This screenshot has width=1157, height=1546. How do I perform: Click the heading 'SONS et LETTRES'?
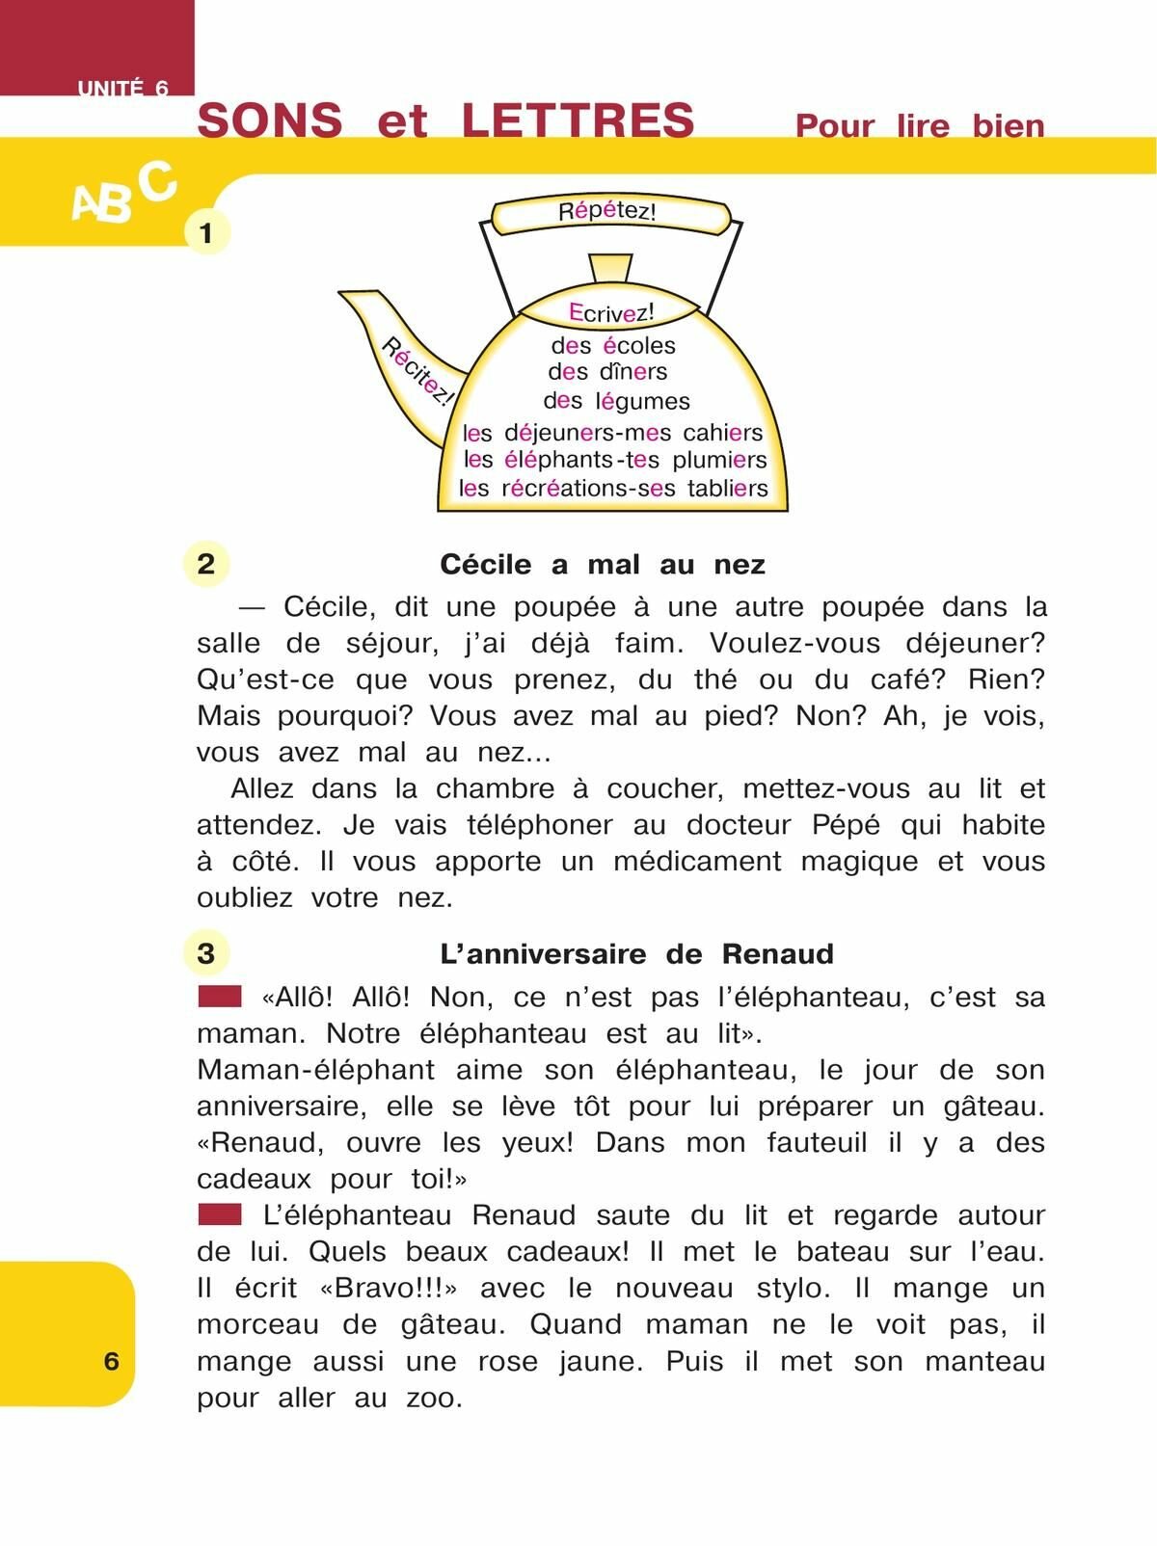point(445,121)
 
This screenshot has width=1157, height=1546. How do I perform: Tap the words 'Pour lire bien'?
point(919,126)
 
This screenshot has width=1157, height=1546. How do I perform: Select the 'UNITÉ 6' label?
point(122,88)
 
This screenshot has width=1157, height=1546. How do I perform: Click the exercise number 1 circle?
point(205,232)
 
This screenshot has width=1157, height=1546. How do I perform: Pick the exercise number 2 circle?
point(205,563)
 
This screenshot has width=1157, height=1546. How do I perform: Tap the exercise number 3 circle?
point(205,953)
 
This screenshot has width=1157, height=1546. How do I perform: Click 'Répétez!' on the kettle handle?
point(607,211)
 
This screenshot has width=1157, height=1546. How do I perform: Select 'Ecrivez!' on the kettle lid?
point(611,312)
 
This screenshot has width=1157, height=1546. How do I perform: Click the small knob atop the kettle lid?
point(610,267)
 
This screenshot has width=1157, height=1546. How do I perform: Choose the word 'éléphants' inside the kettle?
point(558,460)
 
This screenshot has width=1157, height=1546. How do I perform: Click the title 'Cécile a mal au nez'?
point(603,564)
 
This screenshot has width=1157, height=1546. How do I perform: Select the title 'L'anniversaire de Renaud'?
point(636,954)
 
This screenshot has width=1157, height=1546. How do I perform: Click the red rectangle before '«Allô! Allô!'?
point(219,996)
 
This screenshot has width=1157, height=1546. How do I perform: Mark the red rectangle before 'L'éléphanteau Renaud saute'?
point(219,1214)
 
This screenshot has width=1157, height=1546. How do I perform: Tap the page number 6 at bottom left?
point(111,1360)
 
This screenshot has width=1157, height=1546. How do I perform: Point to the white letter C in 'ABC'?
point(157,181)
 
